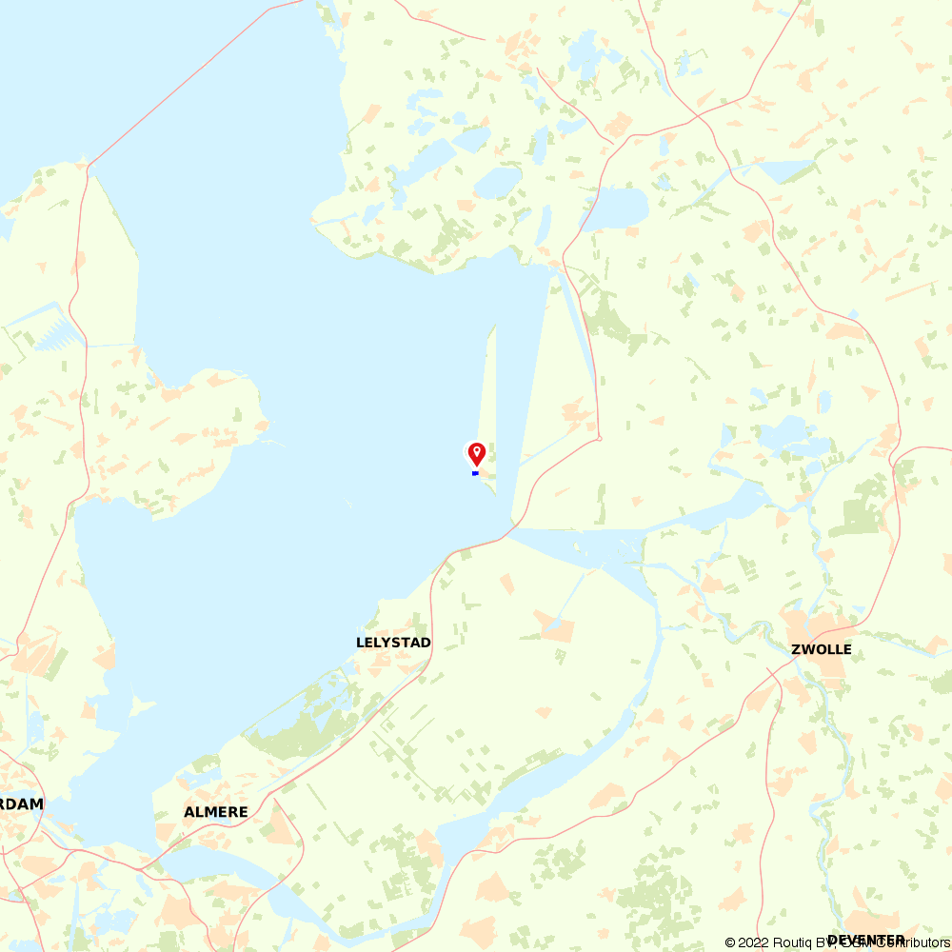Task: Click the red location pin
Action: coord(476,453)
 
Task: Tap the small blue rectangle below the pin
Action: coord(475,473)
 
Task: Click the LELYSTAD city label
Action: coord(393,643)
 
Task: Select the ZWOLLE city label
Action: coord(822,650)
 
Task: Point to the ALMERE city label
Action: coord(216,812)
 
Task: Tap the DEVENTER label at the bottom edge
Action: coord(866,941)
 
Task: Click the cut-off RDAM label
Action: coord(21,803)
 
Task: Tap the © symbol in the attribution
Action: coord(730,942)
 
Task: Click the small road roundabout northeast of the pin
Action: coord(599,438)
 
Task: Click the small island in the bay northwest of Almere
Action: coord(142,705)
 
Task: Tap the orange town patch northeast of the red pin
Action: coord(577,410)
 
